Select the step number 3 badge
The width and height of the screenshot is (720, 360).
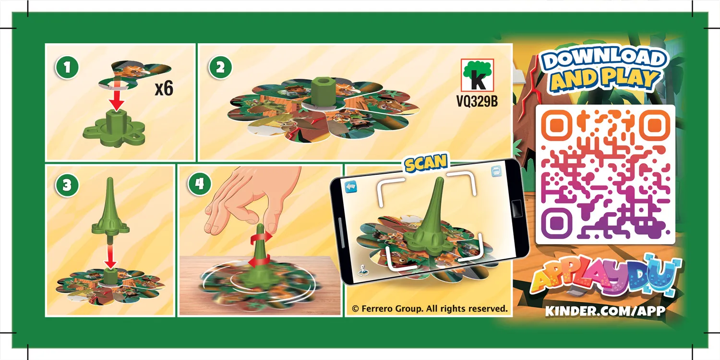(67, 186)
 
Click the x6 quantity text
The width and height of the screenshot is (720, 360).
(164, 89)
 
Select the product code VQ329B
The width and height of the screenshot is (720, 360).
(477, 102)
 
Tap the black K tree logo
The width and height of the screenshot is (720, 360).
(477, 75)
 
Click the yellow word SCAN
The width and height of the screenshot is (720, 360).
(426, 163)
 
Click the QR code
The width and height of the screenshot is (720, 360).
(605, 174)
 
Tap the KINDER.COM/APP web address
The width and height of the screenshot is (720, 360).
(605, 311)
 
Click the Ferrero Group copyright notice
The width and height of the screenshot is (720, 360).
(429, 309)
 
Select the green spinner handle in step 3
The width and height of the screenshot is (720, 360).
(110, 211)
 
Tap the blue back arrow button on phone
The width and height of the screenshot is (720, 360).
(350, 186)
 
